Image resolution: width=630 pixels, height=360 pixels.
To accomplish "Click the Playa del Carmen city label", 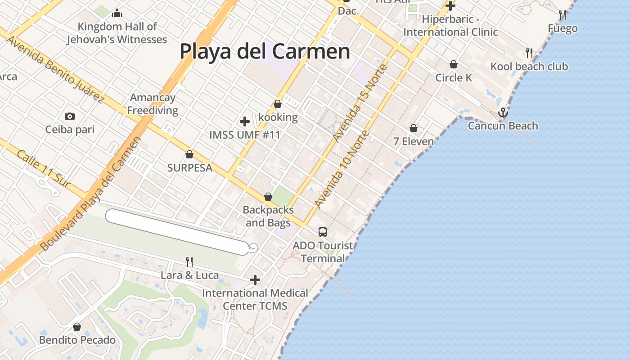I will (265, 51).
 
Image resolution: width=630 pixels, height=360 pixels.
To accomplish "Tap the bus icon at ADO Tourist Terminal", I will (323, 232).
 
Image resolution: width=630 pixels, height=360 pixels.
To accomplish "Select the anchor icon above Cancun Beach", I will (503, 112).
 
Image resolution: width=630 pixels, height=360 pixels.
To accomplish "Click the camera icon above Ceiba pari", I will (69, 117).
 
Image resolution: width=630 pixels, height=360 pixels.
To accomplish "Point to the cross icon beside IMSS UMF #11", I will (245, 121).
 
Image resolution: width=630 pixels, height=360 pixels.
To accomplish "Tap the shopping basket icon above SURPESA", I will (189, 154).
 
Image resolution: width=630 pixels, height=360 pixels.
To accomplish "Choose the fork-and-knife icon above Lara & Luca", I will (189, 261).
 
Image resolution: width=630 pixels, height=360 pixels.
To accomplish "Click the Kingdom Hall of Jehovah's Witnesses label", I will (117, 33).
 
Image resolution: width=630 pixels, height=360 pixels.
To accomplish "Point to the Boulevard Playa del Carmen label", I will (90, 193).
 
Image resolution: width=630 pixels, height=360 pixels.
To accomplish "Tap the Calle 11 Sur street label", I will (44, 168).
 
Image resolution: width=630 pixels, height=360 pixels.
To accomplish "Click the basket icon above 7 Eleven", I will (414, 129).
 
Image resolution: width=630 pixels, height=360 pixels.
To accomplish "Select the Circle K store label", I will (454, 77).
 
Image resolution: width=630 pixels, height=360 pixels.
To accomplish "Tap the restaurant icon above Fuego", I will (562, 15).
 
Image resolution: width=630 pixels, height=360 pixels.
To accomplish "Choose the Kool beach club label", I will (529, 67).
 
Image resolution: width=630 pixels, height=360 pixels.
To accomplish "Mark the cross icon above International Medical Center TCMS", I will (255, 280).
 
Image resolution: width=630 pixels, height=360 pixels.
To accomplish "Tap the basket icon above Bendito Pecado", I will (77, 327).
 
